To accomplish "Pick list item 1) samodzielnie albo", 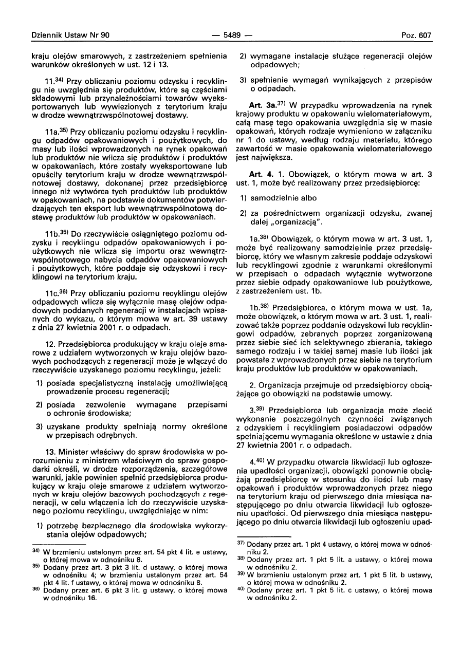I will (x=280, y=197).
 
